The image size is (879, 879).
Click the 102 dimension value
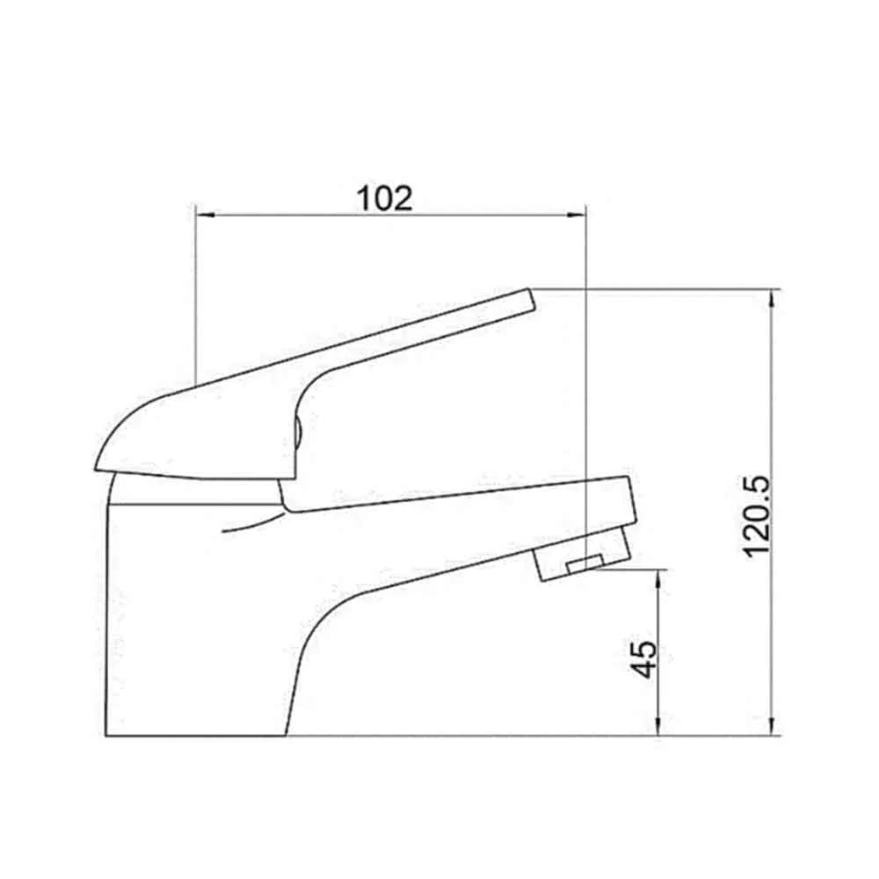click(x=385, y=198)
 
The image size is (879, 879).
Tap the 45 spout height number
click(x=643, y=659)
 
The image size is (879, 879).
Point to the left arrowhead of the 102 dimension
click(x=205, y=214)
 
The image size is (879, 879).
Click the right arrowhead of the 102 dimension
click(x=575, y=214)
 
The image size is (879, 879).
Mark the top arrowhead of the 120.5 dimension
click(x=773, y=299)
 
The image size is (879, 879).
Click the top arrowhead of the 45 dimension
click(x=658, y=579)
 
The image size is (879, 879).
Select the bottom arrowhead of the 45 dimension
click(x=658, y=725)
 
